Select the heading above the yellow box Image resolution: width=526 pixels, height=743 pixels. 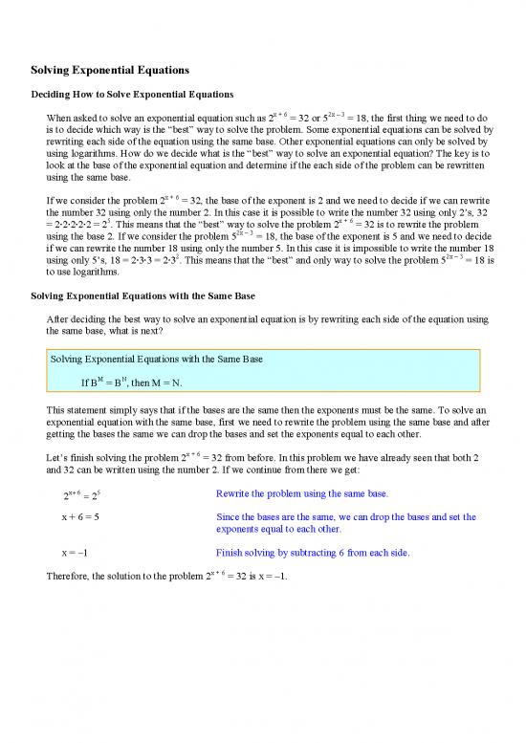[x=142, y=296]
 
